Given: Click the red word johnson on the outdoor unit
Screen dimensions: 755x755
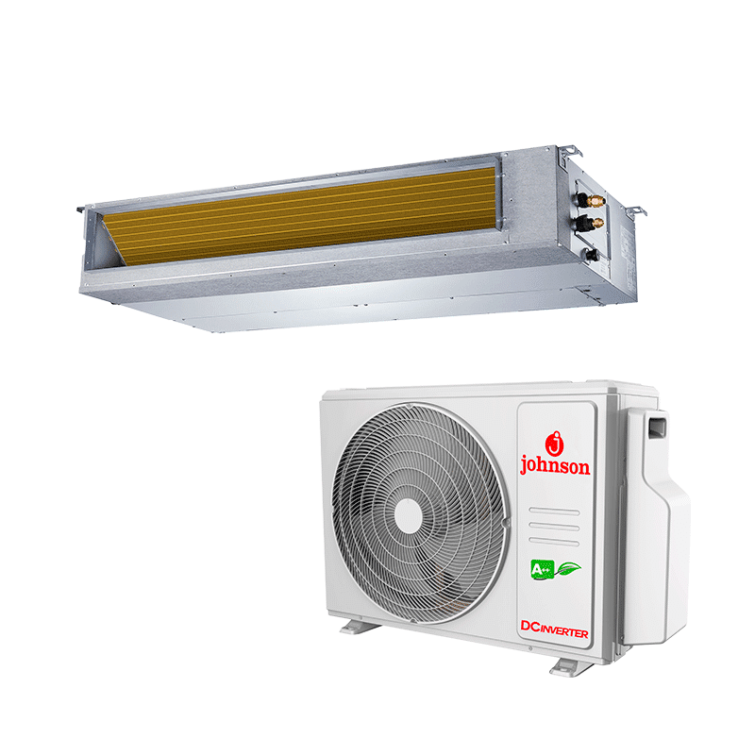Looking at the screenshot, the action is pyautogui.click(x=555, y=466).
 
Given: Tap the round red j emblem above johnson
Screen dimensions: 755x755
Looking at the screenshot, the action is pyautogui.click(x=555, y=444).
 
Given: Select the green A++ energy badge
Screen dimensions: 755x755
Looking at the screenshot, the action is pyautogui.click(x=542, y=570).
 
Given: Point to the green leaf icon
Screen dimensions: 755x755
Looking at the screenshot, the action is pyautogui.click(x=569, y=569).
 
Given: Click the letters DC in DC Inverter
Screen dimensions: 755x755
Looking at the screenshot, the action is pyautogui.click(x=528, y=626).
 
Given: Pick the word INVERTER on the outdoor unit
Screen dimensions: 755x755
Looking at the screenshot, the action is pyautogui.click(x=562, y=631).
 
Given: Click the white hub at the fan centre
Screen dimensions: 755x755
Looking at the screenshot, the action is pyautogui.click(x=409, y=515).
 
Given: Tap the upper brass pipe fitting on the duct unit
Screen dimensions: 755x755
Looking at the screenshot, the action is pyautogui.click(x=597, y=199).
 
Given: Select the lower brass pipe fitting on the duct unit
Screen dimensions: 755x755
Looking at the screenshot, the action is pyautogui.click(x=596, y=223).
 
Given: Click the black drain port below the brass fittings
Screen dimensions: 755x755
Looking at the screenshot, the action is pyautogui.click(x=591, y=255).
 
